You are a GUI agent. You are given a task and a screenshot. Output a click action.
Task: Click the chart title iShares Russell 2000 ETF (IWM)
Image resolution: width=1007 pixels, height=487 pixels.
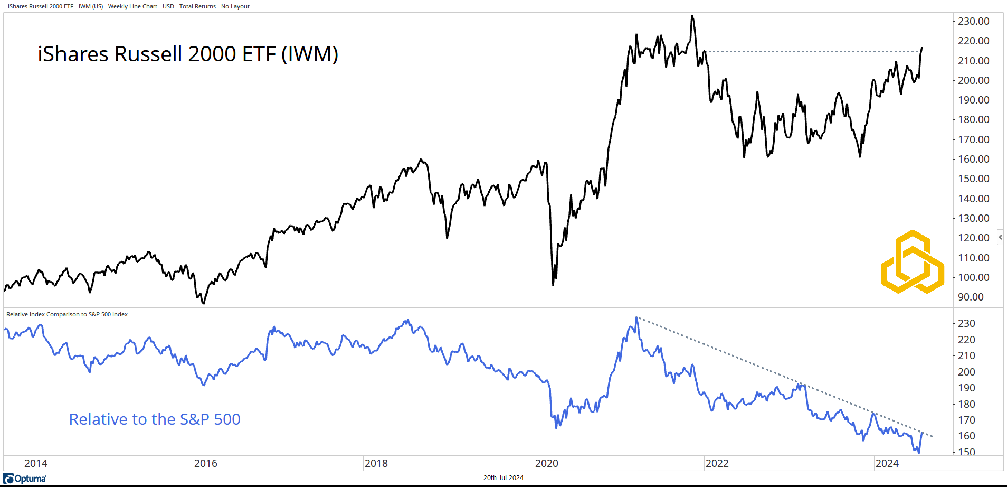[188, 54]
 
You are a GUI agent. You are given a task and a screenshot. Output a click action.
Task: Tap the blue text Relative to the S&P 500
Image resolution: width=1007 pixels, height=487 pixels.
[155, 419]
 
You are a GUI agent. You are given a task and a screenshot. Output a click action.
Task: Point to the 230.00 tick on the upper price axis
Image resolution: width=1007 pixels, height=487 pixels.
[973, 21]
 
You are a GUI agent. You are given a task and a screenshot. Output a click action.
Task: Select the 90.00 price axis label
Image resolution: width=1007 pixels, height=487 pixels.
[971, 297]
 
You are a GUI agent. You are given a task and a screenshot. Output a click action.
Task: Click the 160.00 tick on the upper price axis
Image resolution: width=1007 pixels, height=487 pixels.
[973, 159]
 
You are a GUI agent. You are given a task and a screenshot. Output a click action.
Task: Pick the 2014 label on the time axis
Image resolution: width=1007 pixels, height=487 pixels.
[35, 463]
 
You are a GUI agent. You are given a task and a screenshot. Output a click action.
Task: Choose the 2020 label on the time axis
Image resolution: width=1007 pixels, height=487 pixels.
[546, 463]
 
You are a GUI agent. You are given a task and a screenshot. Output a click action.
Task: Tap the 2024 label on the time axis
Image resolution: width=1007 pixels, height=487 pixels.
[887, 463]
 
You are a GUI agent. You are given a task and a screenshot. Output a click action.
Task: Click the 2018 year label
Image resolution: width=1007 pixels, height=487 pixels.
[376, 463]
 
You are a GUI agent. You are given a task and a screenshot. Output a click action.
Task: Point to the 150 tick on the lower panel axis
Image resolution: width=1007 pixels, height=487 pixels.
[966, 452]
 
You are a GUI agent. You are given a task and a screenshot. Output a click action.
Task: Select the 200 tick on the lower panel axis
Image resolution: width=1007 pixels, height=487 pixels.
[966, 372]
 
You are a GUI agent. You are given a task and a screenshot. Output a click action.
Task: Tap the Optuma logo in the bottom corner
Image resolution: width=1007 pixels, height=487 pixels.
[25, 479]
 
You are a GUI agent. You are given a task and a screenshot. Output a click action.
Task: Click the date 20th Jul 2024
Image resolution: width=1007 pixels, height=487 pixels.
[503, 477]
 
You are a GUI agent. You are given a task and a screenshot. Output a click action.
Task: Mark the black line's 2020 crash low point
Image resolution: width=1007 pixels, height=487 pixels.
[553, 285]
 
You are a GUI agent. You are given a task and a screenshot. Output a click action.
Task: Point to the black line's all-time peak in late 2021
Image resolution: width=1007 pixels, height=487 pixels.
[692, 16]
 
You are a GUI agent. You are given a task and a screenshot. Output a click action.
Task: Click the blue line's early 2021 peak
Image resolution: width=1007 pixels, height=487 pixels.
[636, 317]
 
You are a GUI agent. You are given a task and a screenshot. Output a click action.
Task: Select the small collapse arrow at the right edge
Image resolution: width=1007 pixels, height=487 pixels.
[1000, 237]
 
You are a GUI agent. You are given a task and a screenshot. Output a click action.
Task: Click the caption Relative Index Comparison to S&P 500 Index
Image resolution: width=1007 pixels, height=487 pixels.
[67, 314]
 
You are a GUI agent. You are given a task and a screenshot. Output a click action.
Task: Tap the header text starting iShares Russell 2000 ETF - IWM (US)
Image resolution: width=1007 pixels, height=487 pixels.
[129, 6]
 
